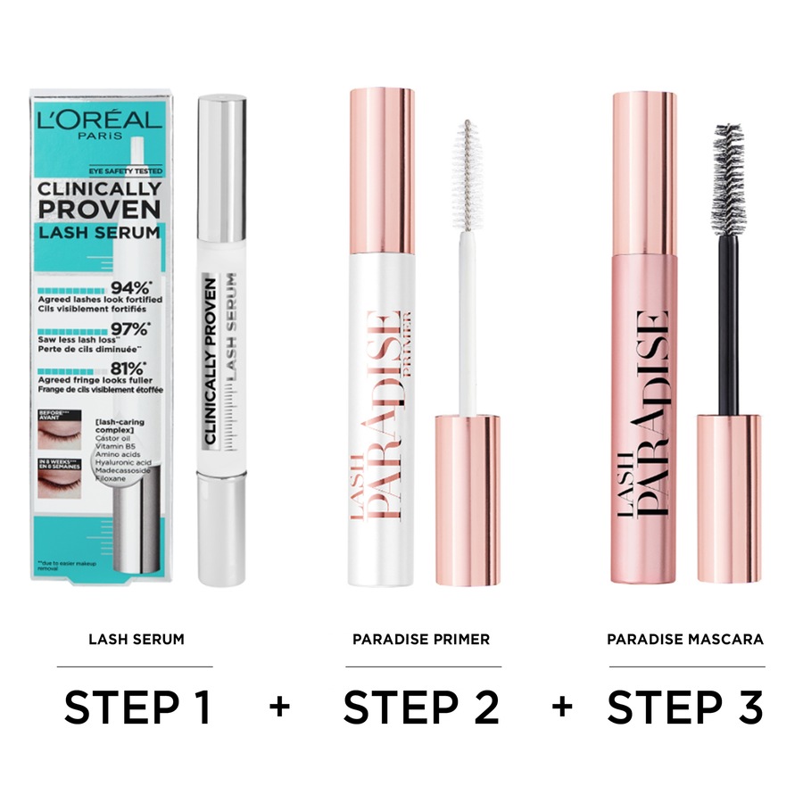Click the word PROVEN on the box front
(x=99, y=211)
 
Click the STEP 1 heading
(x=137, y=708)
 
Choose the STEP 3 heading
(x=685, y=708)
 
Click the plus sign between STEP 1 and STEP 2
(x=279, y=708)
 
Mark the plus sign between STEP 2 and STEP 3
(x=561, y=708)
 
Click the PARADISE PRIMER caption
(x=421, y=640)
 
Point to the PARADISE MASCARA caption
(x=685, y=640)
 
